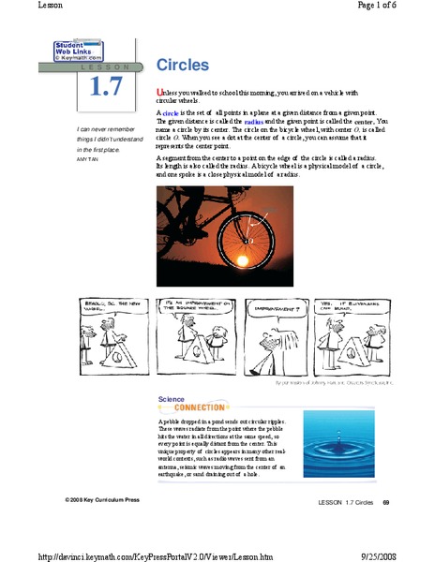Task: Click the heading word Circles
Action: pos(182,66)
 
